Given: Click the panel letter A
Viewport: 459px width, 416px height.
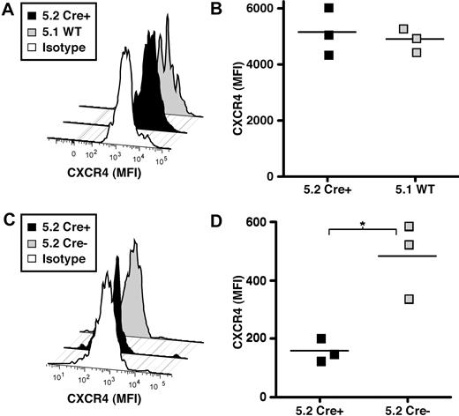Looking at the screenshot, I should click(8, 11).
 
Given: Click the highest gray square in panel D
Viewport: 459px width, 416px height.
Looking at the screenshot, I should click(409, 227).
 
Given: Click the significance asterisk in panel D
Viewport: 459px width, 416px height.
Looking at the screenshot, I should click(363, 226).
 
